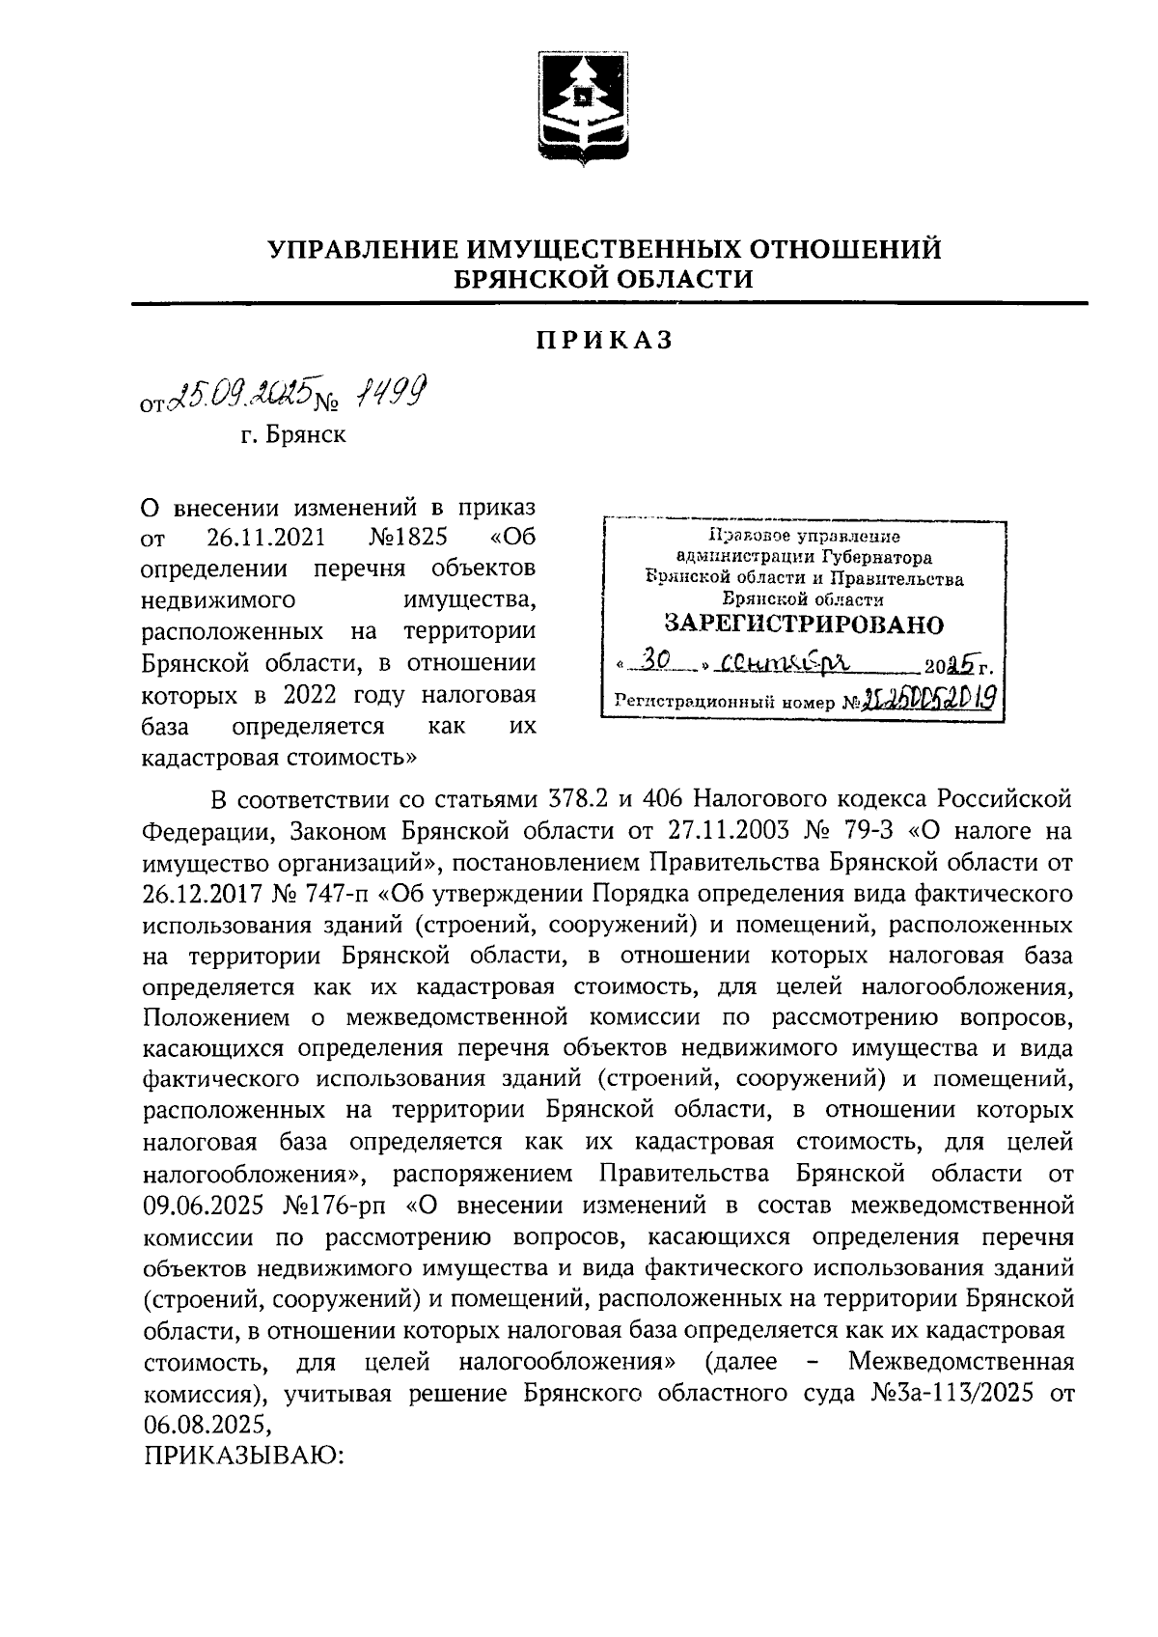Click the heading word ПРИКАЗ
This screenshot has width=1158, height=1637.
click(x=603, y=341)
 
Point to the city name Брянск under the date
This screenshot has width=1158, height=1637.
click(x=293, y=435)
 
